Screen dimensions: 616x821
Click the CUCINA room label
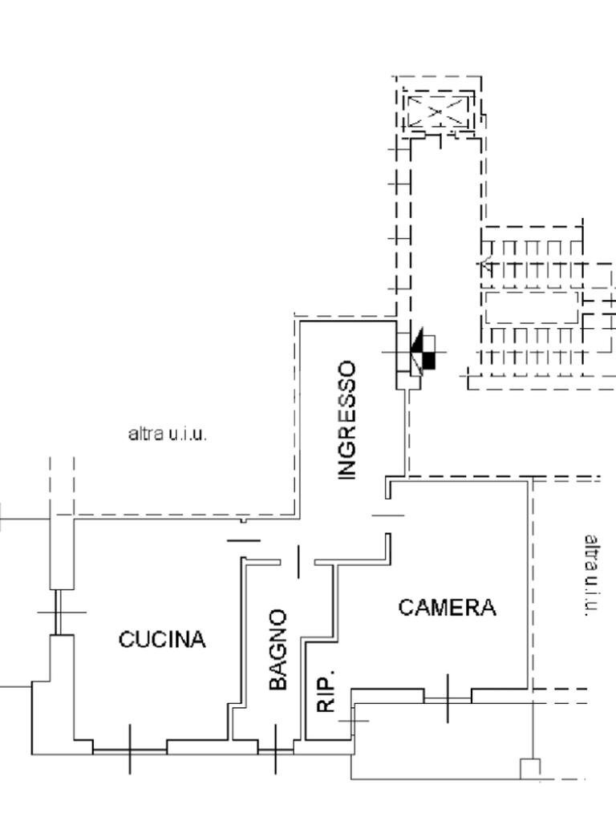point(162,640)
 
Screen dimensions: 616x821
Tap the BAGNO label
point(278,649)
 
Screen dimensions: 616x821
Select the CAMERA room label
point(447,608)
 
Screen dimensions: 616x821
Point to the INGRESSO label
point(346,420)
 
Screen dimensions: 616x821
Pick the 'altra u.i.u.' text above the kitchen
point(168,434)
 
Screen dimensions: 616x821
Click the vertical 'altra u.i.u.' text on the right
point(591,575)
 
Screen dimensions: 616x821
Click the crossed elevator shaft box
point(437,112)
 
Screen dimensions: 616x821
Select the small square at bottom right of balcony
point(530,768)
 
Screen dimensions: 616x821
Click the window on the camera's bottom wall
point(447,698)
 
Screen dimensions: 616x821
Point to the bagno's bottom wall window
point(275,750)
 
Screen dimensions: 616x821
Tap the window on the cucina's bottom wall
point(130,750)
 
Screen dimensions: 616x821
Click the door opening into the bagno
point(298,562)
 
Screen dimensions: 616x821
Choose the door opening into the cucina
point(243,540)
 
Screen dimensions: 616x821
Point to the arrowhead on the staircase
point(486,262)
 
